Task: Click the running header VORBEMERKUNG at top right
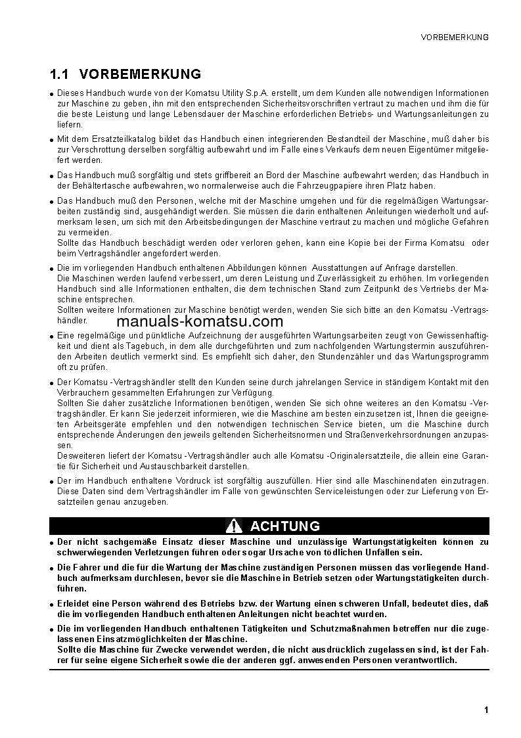pos(455,37)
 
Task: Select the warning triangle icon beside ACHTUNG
pos(234,526)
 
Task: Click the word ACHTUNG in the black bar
pos(285,526)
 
